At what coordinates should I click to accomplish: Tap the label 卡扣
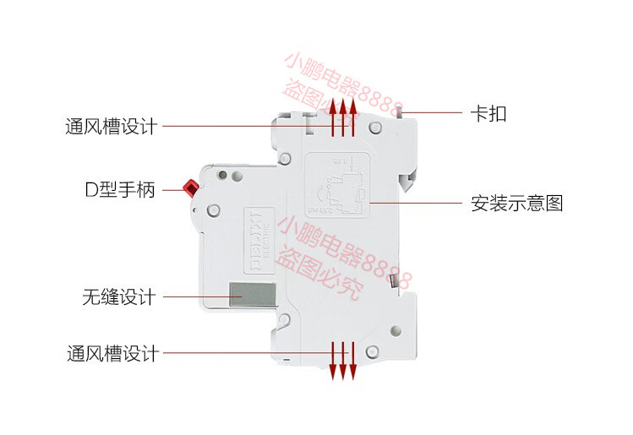point(488,113)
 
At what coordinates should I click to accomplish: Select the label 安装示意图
point(516,204)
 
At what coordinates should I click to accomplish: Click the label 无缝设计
point(119,297)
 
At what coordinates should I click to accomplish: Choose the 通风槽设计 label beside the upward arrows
point(112,127)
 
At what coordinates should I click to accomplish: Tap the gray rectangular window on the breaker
point(253,296)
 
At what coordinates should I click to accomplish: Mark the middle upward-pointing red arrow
point(343,118)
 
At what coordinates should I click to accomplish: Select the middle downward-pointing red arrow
point(343,360)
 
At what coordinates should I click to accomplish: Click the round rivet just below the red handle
point(215,210)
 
